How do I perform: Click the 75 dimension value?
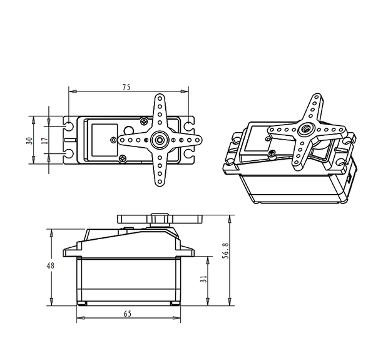126,87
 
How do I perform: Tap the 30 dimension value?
29,141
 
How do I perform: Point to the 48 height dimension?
51,265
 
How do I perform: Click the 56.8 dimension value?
225,251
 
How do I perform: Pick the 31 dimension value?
203,279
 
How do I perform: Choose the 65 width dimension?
128,314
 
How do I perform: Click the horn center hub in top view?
160,140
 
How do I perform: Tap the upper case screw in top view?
144,121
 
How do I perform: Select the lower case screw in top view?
122,158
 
